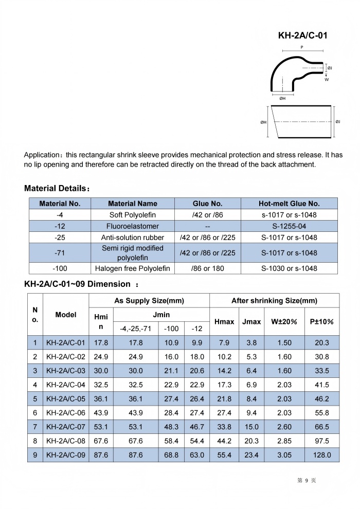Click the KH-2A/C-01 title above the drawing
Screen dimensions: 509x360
(302, 35)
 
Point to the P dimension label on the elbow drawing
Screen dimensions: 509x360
(302, 47)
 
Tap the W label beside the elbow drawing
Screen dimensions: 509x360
(327, 80)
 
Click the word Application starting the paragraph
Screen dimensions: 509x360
(43, 154)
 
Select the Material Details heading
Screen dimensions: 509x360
(57, 189)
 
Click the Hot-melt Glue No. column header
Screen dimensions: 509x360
(289, 204)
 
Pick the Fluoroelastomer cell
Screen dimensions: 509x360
(133, 226)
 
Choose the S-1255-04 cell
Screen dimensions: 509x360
(289, 226)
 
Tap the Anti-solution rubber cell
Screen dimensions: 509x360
(133, 238)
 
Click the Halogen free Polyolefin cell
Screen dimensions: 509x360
(133, 268)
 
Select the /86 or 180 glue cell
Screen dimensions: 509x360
(207, 268)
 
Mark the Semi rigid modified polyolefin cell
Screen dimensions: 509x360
(133, 252)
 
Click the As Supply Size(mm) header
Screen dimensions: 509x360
(149, 301)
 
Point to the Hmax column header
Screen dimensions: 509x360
(224, 321)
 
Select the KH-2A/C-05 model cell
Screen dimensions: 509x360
(65, 399)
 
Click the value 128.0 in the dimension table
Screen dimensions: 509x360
(321, 455)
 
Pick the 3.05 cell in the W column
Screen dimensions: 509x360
(284, 455)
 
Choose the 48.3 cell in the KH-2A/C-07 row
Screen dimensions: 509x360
(171, 427)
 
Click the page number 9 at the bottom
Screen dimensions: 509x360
(306, 480)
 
